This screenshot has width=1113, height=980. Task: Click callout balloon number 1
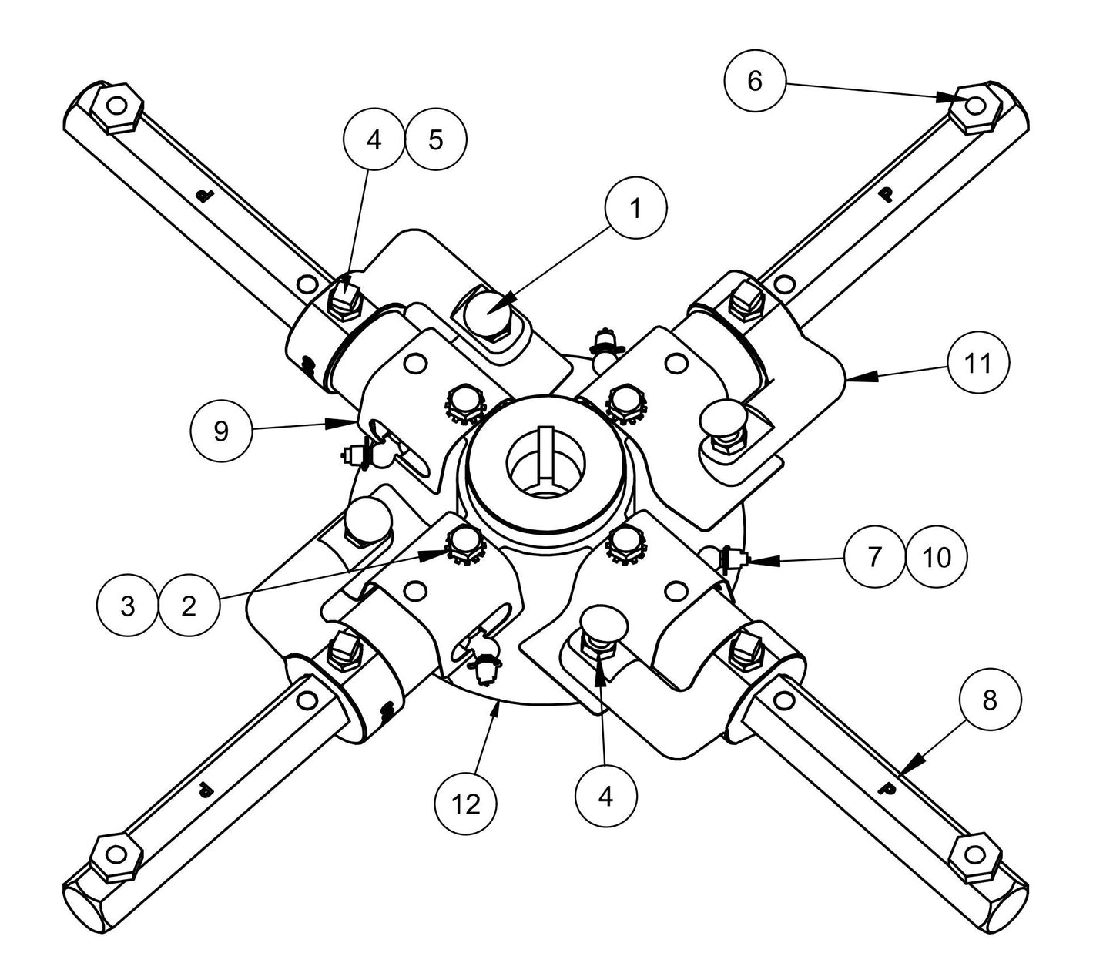point(635,209)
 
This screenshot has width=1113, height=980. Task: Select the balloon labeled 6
point(754,80)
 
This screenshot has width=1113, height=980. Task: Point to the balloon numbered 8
point(990,700)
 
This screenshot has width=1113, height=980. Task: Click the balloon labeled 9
point(221,431)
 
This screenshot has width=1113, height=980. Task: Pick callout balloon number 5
point(436,140)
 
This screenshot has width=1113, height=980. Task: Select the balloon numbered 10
point(937,557)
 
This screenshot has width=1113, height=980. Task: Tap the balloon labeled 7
point(873,557)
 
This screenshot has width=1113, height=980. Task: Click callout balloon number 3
point(128,606)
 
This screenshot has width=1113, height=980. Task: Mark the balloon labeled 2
point(189,606)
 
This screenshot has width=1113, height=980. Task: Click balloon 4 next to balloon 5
point(374,140)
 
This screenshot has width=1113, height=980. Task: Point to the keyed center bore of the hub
point(545,462)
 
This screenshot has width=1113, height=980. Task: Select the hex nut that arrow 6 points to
point(974,107)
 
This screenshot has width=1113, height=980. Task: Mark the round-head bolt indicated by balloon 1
point(491,313)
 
